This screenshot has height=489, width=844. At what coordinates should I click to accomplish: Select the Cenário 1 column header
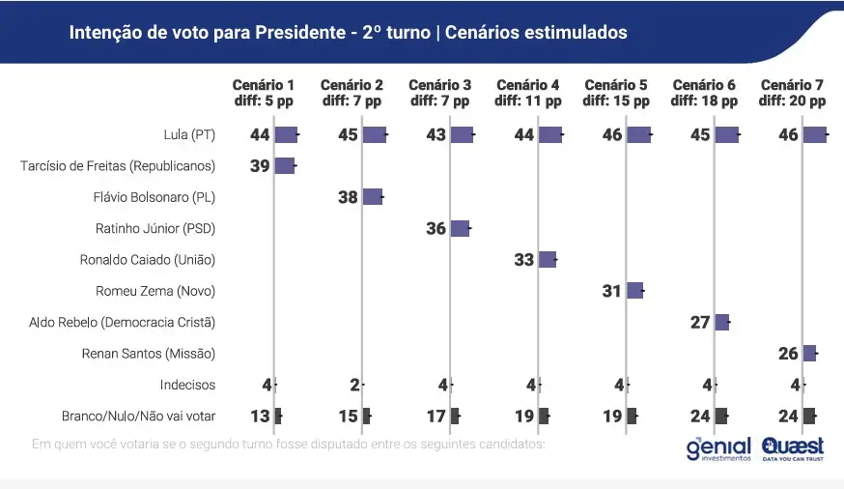[264, 93]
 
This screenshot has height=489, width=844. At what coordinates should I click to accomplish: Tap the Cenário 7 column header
[792, 93]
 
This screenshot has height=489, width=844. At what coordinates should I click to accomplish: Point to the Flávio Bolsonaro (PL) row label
[155, 197]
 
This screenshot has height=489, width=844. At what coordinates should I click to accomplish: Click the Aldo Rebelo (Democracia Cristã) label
[122, 322]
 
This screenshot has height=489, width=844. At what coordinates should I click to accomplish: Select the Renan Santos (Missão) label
[150, 354]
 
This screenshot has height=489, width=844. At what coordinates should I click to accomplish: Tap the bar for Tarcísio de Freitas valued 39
[285, 165]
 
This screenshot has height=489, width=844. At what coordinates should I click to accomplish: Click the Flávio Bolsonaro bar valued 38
[373, 197]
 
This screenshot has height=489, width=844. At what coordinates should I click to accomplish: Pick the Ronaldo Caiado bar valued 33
[548, 259]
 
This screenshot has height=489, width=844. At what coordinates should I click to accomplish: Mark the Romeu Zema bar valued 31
[634, 290]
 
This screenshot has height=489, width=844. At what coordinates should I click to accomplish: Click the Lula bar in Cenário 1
[287, 134]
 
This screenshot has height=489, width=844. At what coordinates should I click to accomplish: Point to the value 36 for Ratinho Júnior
[436, 229]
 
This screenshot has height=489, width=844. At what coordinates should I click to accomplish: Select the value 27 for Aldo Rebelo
[700, 323]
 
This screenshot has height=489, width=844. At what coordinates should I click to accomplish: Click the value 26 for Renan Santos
[788, 354]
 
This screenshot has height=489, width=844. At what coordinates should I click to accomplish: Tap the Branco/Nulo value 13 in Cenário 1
[260, 416]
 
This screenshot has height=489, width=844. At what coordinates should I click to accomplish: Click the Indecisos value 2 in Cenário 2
[354, 385]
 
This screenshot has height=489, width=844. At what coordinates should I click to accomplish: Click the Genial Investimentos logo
[717, 449]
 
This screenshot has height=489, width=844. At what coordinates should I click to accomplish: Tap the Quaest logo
[792, 448]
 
